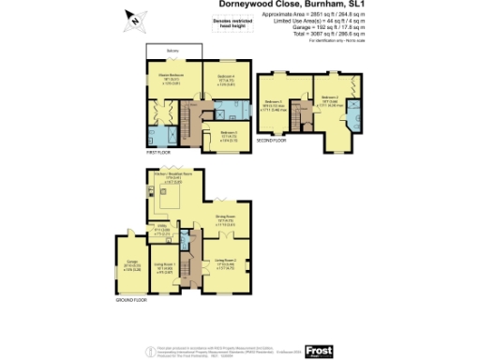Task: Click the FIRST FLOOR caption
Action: click(157, 150)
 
